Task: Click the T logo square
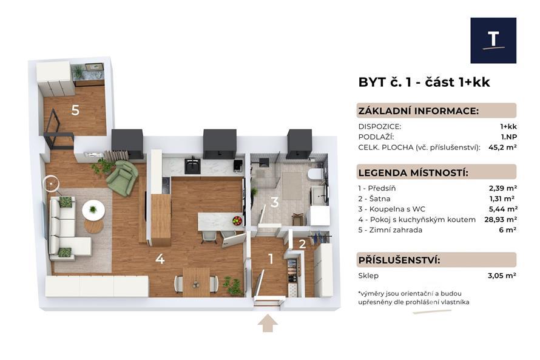click(x=493, y=40)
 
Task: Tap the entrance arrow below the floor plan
click(x=268, y=324)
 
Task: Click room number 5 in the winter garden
click(x=75, y=110)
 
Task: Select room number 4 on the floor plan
click(x=160, y=259)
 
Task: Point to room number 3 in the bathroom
click(x=274, y=202)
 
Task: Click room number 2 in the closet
click(x=302, y=244)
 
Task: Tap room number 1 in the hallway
click(x=271, y=259)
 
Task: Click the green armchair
click(x=122, y=178)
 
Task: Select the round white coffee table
click(x=93, y=210)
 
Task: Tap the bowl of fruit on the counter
click(x=237, y=220)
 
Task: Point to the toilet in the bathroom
click(x=315, y=175)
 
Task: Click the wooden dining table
click(x=196, y=282)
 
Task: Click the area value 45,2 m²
click(x=502, y=148)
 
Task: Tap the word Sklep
click(x=368, y=276)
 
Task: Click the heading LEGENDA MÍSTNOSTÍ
click(x=413, y=172)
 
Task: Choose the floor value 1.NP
click(x=508, y=137)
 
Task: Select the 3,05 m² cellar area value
click(x=502, y=276)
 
